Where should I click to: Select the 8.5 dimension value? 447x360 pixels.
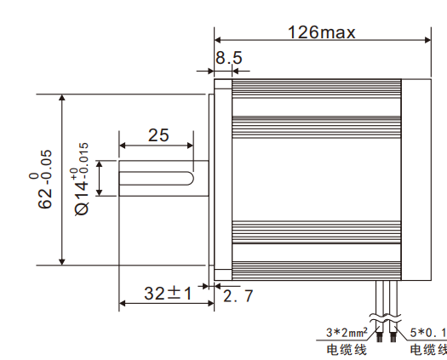click(229, 59)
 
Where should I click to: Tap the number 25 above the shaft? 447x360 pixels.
click(158, 134)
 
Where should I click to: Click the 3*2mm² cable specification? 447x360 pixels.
click(347, 332)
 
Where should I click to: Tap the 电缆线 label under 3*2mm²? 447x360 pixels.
click(346, 349)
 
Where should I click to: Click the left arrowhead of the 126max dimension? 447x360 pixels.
click(217, 39)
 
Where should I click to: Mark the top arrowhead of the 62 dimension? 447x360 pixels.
click(61, 98)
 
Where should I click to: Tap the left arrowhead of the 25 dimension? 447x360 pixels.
click(123, 144)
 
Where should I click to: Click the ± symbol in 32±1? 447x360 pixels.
click(173, 293)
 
